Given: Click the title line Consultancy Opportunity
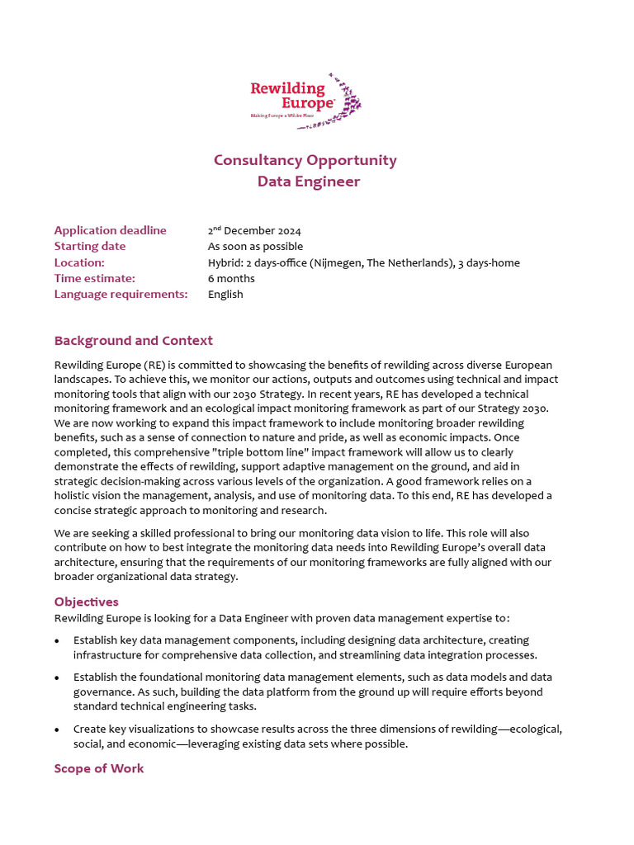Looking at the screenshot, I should [x=305, y=160].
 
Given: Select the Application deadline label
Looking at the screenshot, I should [x=110, y=230].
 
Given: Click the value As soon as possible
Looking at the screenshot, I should [x=255, y=247].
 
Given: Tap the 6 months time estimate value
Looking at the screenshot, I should [x=231, y=278].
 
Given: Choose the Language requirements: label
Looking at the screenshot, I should [x=121, y=295].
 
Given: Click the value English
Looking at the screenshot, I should [x=225, y=295].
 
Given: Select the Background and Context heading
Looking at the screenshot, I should [x=133, y=341].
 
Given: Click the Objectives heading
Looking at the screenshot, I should [x=86, y=602].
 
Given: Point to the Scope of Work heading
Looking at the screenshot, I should [x=98, y=768].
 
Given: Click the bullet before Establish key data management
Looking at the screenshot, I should [x=57, y=640].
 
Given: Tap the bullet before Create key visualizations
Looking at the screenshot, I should [x=57, y=729].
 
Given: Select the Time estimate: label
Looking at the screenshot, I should [x=94, y=278].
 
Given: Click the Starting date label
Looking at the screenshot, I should [x=90, y=247].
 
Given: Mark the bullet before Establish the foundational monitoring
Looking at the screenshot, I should [x=57, y=677].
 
